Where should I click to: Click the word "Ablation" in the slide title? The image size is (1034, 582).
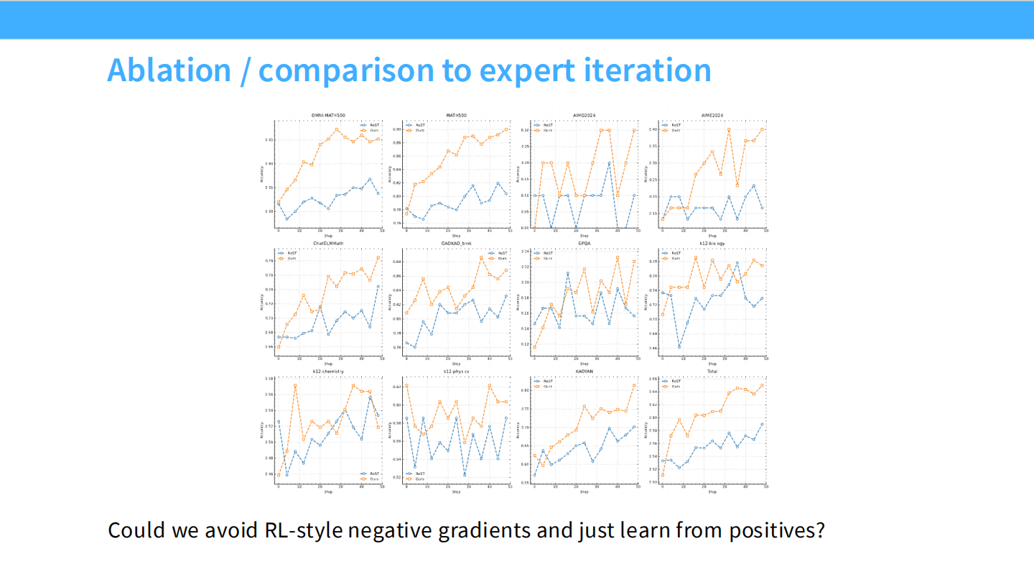point(169,70)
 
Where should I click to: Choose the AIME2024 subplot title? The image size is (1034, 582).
point(712,115)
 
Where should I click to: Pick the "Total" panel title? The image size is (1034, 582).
point(712,371)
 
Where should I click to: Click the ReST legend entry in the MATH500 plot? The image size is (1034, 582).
point(418,125)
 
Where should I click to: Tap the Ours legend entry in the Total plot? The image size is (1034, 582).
point(674,386)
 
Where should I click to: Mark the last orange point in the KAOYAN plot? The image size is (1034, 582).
point(634,385)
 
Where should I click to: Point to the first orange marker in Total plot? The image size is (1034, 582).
point(663,474)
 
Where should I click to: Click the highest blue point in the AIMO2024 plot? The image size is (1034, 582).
point(609,163)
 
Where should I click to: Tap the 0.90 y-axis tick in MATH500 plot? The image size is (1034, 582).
point(397,129)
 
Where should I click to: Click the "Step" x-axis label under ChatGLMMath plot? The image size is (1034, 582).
point(328,364)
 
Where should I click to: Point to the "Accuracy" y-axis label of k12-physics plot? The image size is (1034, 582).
point(391,429)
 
